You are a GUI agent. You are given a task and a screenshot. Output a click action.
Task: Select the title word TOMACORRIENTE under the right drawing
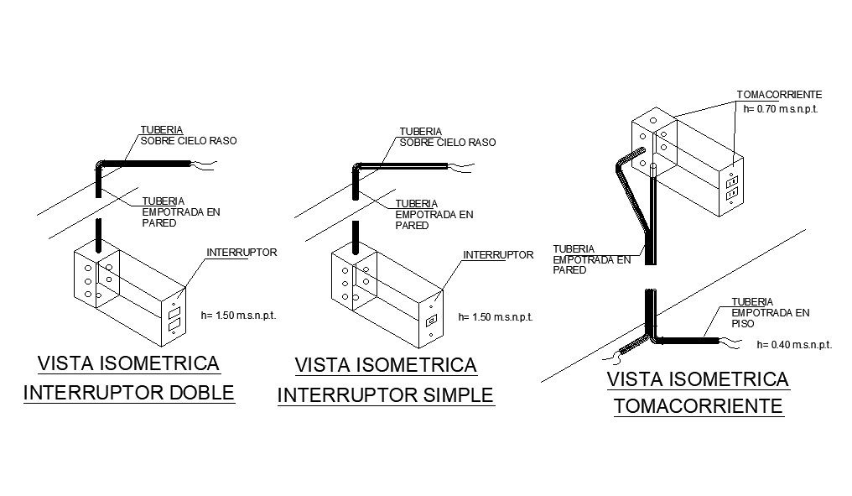click(x=698, y=407)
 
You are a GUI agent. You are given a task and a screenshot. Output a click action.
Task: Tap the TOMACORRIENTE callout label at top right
click(x=778, y=95)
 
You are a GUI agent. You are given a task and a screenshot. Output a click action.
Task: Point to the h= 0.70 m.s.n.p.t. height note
click(x=780, y=108)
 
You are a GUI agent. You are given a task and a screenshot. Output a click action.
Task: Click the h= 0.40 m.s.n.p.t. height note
click(x=793, y=344)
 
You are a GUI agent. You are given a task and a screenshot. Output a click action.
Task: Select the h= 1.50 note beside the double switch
click(x=239, y=316)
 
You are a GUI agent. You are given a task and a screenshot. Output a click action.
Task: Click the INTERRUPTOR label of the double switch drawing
click(x=242, y=252)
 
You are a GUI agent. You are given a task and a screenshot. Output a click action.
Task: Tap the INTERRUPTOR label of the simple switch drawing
click(x=498, y=254)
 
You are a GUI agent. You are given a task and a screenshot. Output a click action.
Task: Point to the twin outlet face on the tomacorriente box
click(x=730, y=186)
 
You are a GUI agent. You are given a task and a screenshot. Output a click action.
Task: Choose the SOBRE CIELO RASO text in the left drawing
click(x=189, y=141)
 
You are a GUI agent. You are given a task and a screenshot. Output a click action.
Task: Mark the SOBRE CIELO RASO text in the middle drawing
click(x=447, y=143)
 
